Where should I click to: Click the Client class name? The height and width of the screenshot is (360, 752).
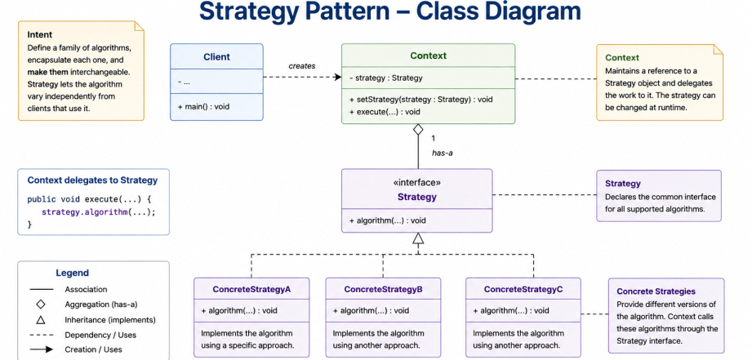216,56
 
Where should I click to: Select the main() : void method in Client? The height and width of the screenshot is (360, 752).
200,106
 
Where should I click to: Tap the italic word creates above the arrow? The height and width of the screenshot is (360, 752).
301,65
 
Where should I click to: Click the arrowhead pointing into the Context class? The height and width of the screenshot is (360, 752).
338,78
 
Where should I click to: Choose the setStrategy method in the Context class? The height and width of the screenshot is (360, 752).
421,100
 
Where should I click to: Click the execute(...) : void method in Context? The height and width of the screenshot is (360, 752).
385,112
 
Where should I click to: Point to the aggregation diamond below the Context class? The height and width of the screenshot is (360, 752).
418,130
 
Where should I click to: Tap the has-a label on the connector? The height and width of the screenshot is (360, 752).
443,153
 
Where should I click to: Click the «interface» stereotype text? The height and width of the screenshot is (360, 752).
416,183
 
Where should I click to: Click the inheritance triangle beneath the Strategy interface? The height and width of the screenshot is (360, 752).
418,238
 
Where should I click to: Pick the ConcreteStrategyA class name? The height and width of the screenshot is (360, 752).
251,290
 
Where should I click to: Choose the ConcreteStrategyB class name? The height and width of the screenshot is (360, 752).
383,290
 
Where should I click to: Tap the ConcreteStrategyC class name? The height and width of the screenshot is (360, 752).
523,290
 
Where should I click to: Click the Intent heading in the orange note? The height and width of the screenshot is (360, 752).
40,34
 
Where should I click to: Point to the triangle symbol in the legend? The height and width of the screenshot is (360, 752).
41,320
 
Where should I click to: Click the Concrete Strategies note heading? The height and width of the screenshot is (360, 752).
656,291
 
